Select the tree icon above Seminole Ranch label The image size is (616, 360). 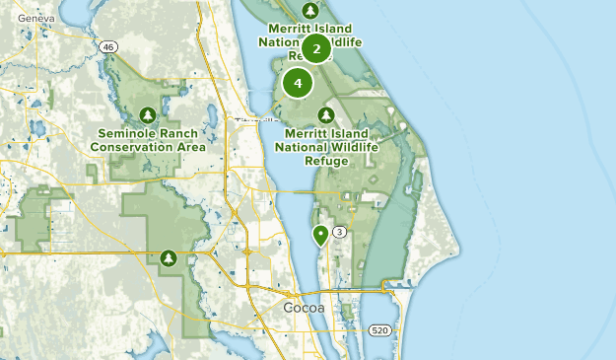149,113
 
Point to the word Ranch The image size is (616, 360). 184,133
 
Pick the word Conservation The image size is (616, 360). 133,147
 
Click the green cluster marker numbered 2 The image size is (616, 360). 315,47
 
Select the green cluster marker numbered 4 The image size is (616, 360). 298,83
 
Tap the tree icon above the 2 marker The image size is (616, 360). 310,10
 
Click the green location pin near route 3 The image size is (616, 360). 320,235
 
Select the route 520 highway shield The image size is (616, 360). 381,330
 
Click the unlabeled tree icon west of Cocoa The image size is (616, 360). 170,258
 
